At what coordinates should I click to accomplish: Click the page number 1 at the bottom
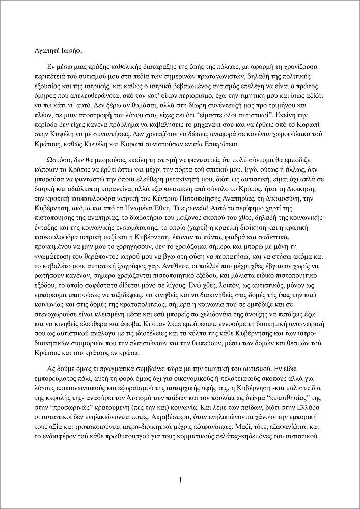[x=180, y=479]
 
